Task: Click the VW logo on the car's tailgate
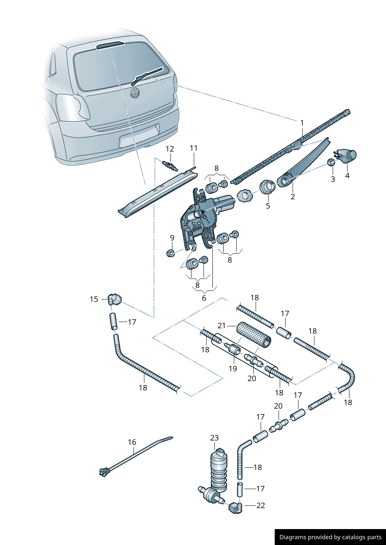[135, 93]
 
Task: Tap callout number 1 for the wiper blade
[302, 123]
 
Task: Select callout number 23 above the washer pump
[214, 438]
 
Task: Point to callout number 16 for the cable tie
[132, 442]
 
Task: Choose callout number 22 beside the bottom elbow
[260, 505]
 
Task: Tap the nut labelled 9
[170, 253]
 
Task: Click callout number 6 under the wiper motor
[204, 298]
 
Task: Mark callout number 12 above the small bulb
[170, 149]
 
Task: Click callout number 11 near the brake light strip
[194, 148]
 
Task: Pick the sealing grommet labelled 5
[267, 187]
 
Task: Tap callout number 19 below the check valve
[233, 368]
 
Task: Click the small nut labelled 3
[331, 162]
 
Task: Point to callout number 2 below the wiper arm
[293, 197]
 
